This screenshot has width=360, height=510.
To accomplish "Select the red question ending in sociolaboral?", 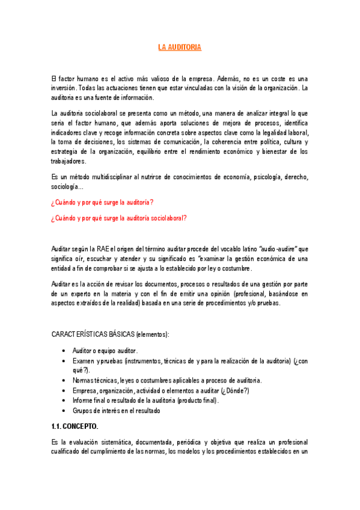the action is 118,218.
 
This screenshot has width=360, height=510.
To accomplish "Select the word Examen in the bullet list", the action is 84,360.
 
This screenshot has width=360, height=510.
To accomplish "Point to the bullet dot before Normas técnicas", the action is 64,381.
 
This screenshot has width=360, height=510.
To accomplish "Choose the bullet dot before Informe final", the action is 64,401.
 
